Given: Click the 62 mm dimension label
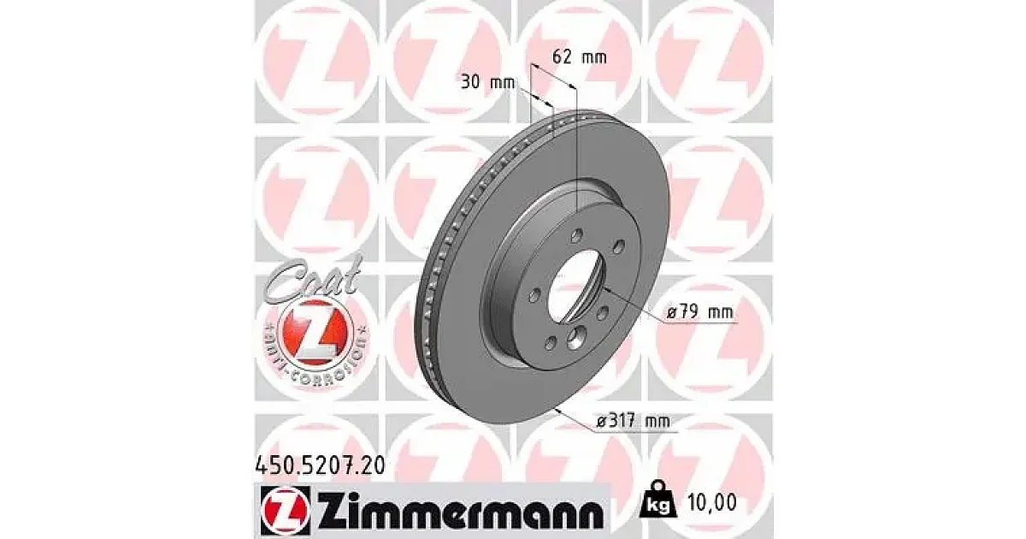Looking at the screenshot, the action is pyautogui.click(x=580, y=58).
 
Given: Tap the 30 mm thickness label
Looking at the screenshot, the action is pyautogui.click(x=487, y=83).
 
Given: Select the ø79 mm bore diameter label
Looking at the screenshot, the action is pyautogui.click(x=700, y=312).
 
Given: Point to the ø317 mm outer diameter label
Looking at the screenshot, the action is pyautogui.click(x=633, y=420).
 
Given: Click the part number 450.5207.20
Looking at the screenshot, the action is pyautogui.click(x=319, y=465).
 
